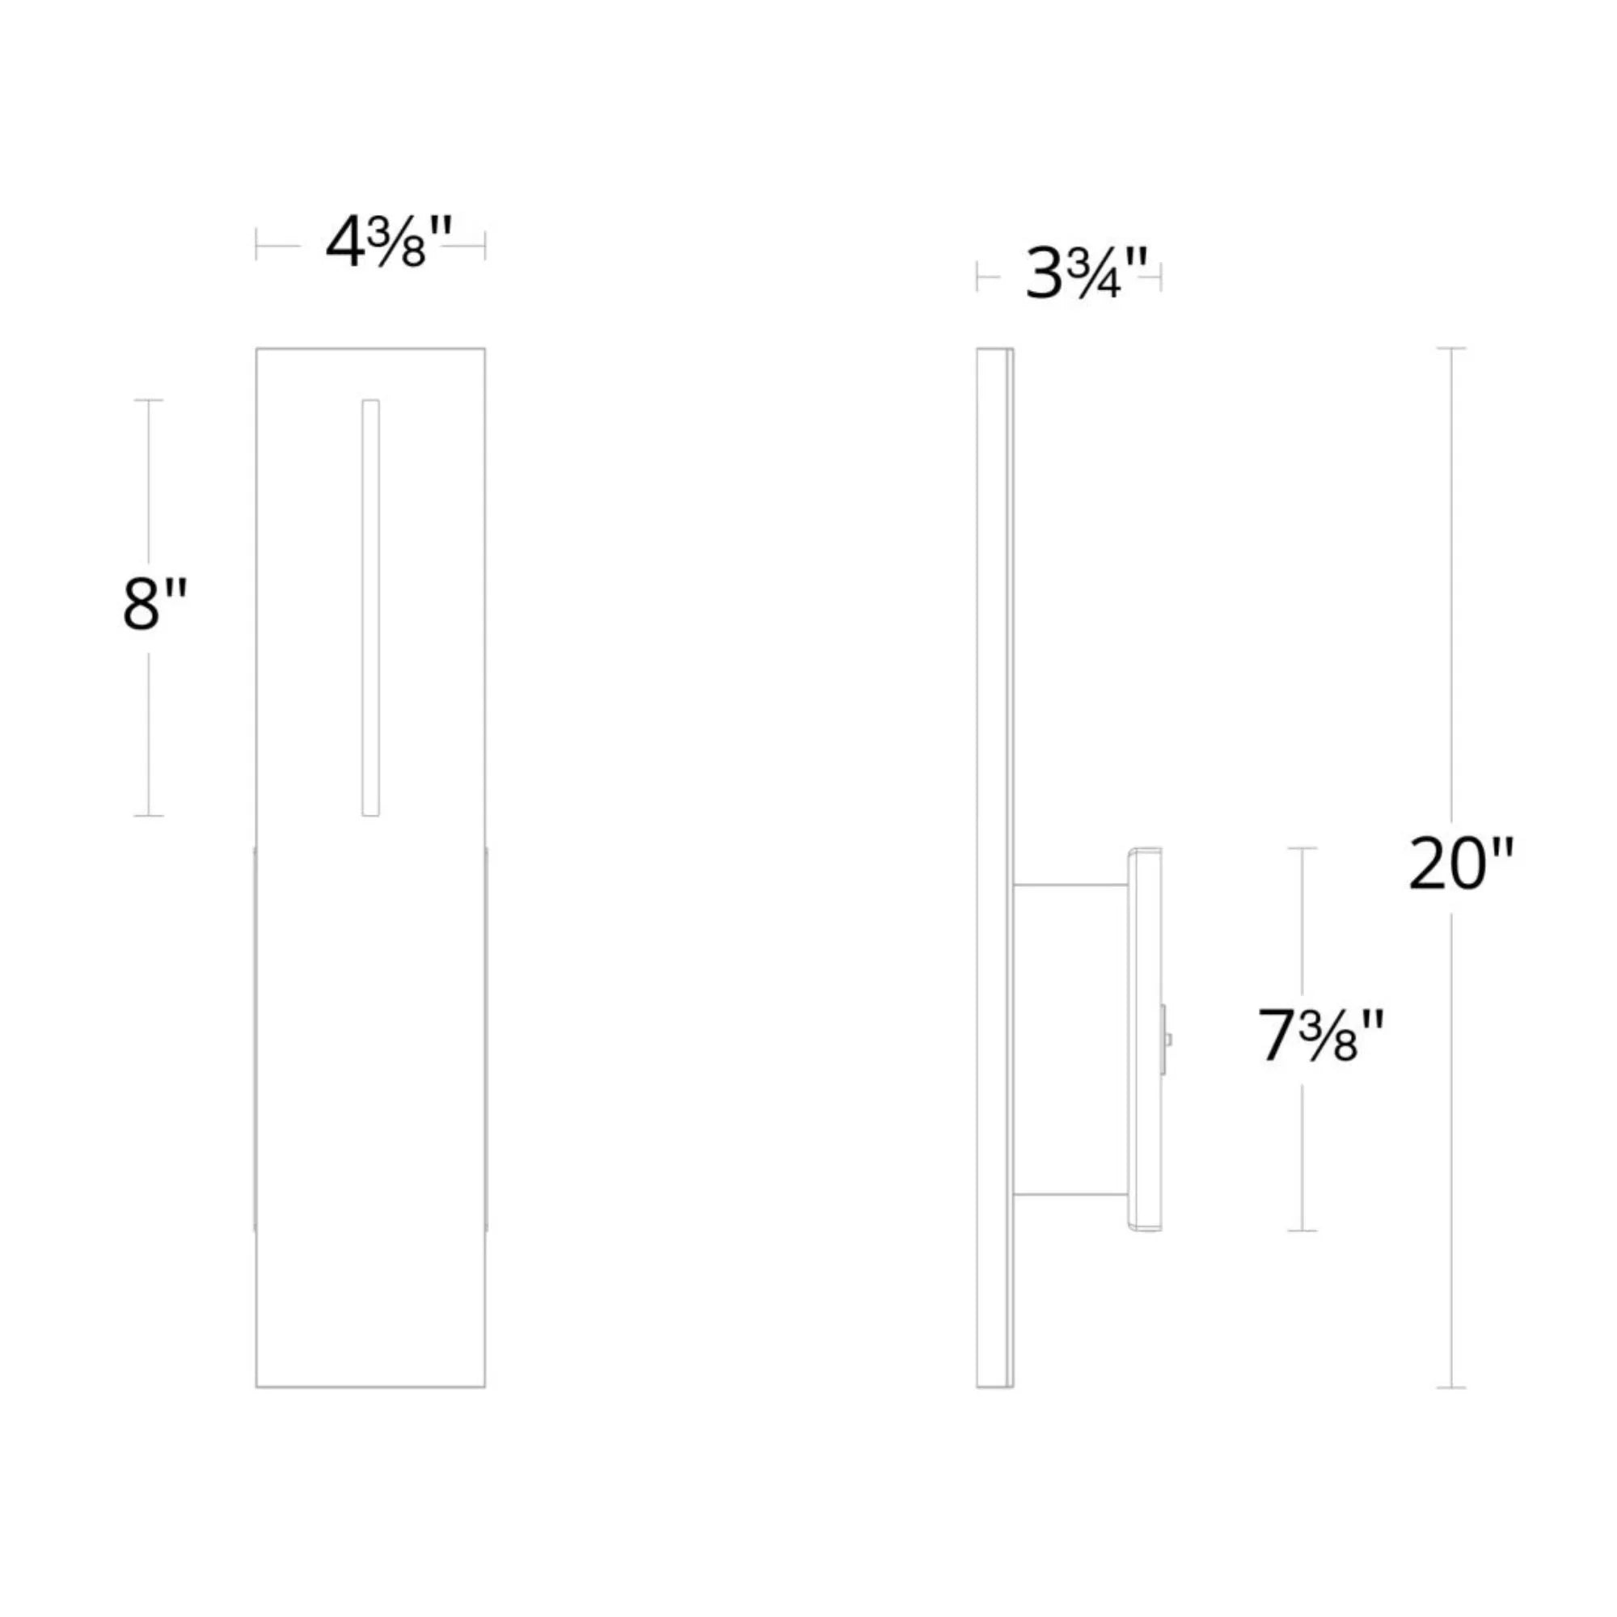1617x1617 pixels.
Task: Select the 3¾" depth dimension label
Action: [1087, 276]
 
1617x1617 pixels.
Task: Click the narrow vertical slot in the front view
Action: [370, 608]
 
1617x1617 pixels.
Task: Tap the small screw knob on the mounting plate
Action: [1166, 1040]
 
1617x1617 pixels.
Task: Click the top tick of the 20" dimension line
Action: [1451, 348]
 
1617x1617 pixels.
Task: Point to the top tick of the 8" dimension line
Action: [149, 400]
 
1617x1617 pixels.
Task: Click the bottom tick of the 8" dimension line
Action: [149, 815]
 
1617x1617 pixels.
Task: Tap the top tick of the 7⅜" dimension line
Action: [1302, 848]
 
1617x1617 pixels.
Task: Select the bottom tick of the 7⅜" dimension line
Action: [1302, 1231]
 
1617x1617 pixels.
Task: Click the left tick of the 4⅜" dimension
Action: [256, 245]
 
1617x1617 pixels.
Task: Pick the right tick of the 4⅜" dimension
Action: [484, 245]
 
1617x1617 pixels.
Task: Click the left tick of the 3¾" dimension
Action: [977, 277]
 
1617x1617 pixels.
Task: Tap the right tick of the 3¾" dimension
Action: [1161, 277]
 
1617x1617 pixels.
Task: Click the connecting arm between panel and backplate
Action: [1070, 1039]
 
